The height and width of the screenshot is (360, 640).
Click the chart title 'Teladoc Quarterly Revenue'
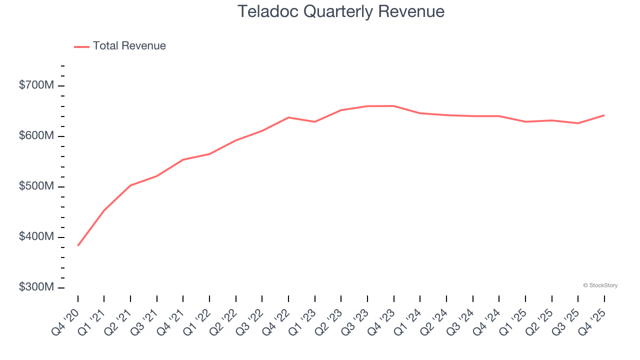[x=341, y=11]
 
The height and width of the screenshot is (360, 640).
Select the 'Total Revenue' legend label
[x=129, y=46]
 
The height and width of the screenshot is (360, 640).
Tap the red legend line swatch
[x=81, y=46]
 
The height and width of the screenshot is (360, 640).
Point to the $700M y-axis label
[x=36, y=85]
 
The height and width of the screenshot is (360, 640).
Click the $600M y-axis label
[x=36, y=136]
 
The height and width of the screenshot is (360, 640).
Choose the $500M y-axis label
[x=36, y=186]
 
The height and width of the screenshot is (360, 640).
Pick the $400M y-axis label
[x=36, y=237]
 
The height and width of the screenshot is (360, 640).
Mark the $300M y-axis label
[x=36, y=287]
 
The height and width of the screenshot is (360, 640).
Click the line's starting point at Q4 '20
[x=78, y=245]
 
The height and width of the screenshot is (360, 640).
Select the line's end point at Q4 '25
[x=604, y=115]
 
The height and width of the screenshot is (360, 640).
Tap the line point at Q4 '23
[x=393, y=105]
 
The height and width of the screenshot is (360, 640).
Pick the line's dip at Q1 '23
[x=314, y=121]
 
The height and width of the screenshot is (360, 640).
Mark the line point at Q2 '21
[x=130, y=185]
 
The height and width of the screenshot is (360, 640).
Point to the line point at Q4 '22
[x=288, y=117]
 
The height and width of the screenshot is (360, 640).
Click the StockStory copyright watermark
[x=600, y=285]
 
